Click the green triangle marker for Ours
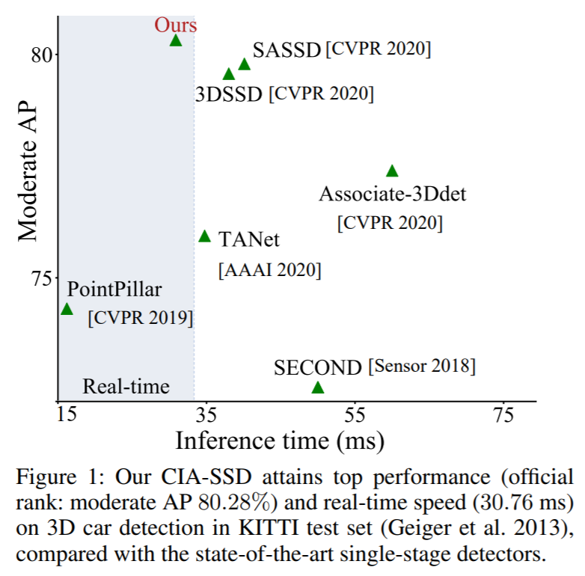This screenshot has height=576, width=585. [x=176, y=40]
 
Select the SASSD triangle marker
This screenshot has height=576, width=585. [x=244, y=64]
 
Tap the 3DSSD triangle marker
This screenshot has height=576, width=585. [x=229, y=74]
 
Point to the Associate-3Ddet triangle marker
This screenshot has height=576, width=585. [x=392, y=171]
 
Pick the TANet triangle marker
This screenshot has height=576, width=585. [x=205, y=236]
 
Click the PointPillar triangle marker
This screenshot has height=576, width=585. [x=67, y=309]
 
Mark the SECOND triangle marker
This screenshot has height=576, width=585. [x=318, y=387]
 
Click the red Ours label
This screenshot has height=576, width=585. [x=176, y=25]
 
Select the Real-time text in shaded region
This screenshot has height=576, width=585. [x=126, y=387]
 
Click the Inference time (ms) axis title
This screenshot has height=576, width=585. [x=280, y=441]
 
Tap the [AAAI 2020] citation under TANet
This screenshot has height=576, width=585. [x=269, y=270]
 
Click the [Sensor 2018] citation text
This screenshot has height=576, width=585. [x=421, y=367]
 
